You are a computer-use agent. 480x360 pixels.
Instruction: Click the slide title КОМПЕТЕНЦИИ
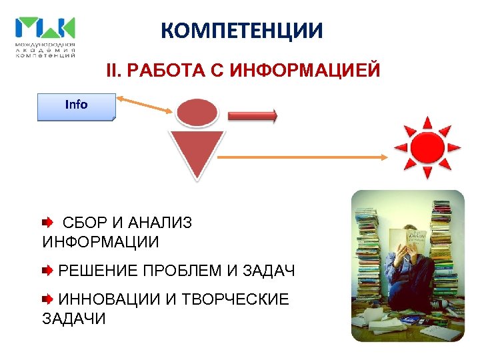pyautogui.click(x=242, y=31)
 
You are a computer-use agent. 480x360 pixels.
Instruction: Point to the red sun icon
pyautogui.click(x=427, y=148)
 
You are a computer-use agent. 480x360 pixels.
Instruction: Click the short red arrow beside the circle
pyautogui.click(x=252, y=116)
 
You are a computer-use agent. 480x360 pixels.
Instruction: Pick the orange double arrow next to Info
pyautogui.click(x=145, y=105)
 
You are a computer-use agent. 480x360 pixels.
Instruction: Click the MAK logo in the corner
pyautogui.click(x=45, y=37)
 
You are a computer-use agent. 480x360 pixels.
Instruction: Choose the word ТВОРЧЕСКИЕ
pyautogui.click(x=235, y=299)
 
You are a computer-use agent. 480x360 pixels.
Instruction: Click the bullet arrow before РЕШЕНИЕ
pyautogui.click(x=48, y=271)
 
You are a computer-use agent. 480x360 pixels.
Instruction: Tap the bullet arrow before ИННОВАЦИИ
pyautogui.click(x=48, y=299)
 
